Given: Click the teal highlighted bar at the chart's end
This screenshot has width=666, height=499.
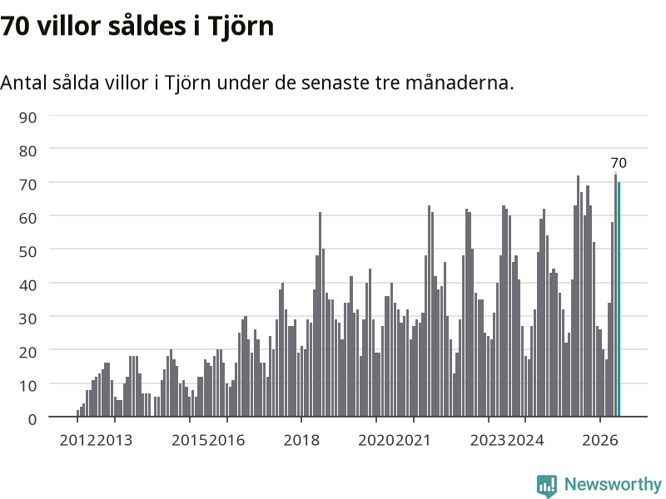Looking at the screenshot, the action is click(x=619, y=299).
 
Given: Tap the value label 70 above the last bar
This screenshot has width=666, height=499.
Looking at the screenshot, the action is click(x=619, y=163).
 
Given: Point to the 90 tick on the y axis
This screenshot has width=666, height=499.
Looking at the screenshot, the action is click(x=27, y=117).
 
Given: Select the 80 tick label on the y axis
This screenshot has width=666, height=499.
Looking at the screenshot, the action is click(x=27, y=151).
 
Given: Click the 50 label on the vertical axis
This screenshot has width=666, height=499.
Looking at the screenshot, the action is click(x=27, y=252).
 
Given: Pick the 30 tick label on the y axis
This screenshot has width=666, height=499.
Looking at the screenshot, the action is click(x=27, y=319).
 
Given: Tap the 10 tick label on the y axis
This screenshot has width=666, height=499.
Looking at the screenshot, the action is click(x=27, y=386).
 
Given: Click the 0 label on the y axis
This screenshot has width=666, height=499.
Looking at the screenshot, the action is click(x=32, y=419).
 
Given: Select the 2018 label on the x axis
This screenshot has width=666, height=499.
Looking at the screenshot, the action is click(x=301, y=440).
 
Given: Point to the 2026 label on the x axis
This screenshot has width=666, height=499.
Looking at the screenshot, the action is click(x=600, y=440).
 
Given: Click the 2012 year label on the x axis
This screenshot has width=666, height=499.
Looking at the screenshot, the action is click(x=77, y=440).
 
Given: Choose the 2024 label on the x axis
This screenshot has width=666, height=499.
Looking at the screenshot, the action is click(x=526, y=440).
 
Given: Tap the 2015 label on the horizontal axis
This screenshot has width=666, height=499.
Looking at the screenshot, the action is click(x=190, y=440).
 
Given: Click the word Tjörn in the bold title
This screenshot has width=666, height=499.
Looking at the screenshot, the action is click(x=241, y=27).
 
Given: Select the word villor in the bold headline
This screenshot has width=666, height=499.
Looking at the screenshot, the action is click(x=69, y=26).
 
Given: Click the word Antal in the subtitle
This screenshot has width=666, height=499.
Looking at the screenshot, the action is click(x=24, y=82).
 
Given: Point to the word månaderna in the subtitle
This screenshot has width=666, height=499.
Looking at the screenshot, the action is click(x=460, y=82).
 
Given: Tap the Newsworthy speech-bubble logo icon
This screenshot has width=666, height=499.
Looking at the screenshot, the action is click(x=547, y=486).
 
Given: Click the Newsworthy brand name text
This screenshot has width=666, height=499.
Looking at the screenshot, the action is click(x=613, y=484).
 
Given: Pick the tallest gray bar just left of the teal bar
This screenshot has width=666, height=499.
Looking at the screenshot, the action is click(x=615, y=294).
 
